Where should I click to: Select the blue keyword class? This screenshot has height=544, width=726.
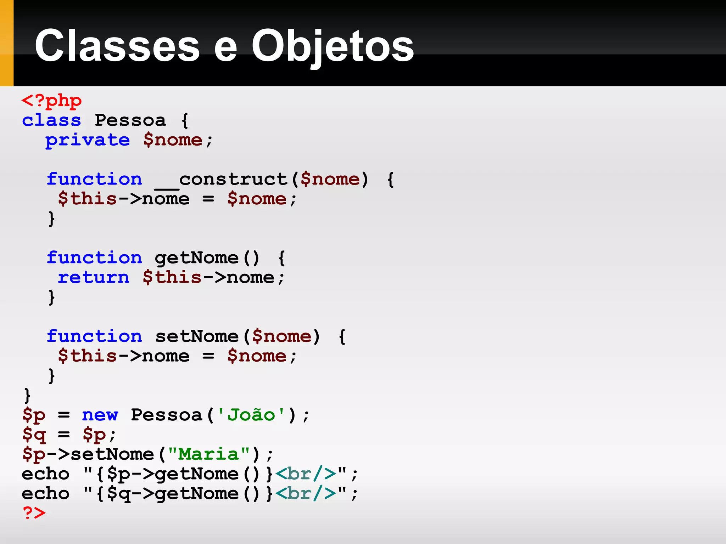coord(51,120)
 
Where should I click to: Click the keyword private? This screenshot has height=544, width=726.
coord(88,140)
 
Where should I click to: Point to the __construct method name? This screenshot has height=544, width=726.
coord(221,180)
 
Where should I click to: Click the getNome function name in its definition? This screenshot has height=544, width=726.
coord(197,258)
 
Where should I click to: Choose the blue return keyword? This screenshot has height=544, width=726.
coord(94,278)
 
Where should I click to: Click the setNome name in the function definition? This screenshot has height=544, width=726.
coord(197,336)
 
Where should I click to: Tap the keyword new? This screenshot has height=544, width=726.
coord(100,415)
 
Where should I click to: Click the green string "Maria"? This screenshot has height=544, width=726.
coord(208,454)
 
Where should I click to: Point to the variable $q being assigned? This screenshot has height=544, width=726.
coord(34,435)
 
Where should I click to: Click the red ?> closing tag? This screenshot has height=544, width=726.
coord(34,513)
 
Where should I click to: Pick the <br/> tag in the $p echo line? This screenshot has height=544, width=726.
coord(306,474)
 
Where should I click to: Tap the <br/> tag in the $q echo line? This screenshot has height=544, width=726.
coord(306,494)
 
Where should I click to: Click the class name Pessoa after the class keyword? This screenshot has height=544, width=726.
coord(130,120)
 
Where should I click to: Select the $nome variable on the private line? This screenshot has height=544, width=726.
coord(173,140)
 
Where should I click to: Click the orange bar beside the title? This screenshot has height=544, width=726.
coord(6,43)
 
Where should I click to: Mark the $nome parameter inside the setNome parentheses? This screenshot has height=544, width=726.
coord(281,336)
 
